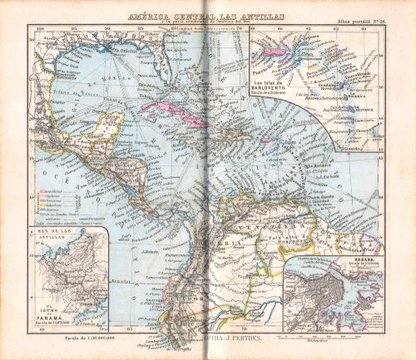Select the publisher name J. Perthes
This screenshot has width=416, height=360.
pyautogui.click(x=220, y=340)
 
